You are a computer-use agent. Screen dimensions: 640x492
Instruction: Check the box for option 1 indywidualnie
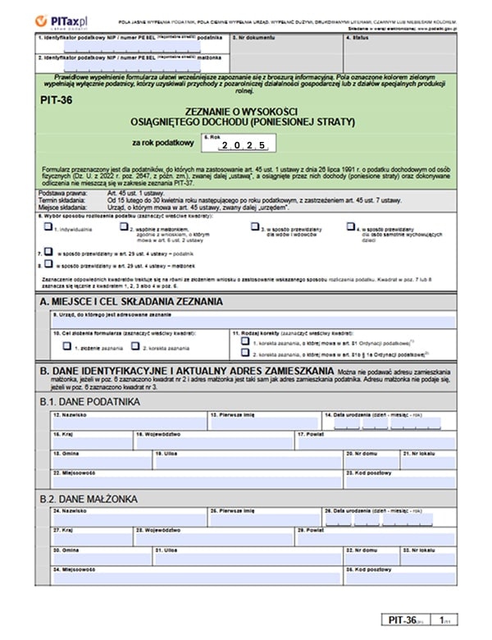[x=48, y=227]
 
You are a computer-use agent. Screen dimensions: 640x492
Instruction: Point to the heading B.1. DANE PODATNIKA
[x=89, y=402]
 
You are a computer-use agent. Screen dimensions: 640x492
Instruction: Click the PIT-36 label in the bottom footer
[x=407, y=620]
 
